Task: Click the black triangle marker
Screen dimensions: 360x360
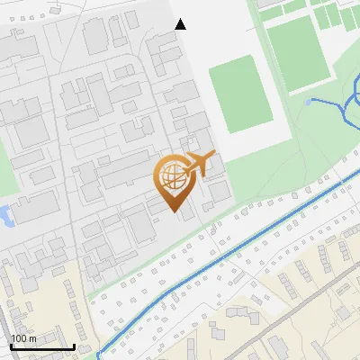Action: [x=180, y=24]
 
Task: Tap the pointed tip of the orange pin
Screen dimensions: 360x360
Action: [x=175, y=212]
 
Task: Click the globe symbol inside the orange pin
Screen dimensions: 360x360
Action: [x=174, y=177]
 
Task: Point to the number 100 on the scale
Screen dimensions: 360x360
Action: [x=19, y=338]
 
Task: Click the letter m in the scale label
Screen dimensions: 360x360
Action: [x=32, y=338]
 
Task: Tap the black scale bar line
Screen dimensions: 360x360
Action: [x=42, y=346]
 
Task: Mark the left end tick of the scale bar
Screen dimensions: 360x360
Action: [x=12, y=345]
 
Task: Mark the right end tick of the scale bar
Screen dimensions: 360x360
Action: [x=74, y=345]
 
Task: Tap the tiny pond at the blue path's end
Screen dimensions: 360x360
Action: [x=309, y=102]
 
